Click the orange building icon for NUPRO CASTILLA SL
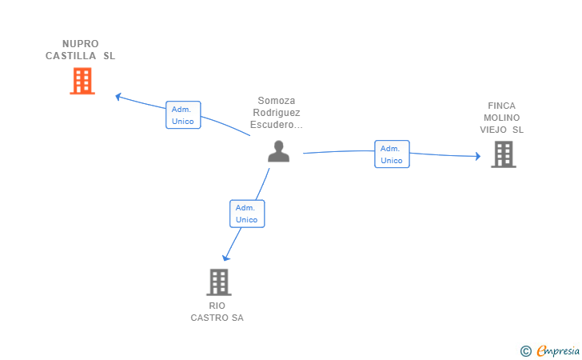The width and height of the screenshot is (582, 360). [x=82, y=81]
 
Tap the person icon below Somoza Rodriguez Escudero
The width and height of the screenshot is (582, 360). [x=278, y=151]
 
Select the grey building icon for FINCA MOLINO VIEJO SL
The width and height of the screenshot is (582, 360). [x=504, y=154]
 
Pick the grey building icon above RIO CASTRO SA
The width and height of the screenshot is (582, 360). [x=219, y=282]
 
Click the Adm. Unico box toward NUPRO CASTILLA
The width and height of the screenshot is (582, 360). [x=183, y=114]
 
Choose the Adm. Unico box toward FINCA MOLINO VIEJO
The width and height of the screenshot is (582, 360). [x=392, y=154]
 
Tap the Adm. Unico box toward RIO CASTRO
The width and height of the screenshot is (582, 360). [x=247, y=214]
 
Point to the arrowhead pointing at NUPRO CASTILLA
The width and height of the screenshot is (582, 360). [x=118, y=97]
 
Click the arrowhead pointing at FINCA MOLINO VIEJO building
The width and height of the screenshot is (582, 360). [x=478, y=156]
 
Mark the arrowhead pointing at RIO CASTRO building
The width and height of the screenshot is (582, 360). [x=225, y=258]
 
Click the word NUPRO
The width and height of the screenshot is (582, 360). [x=81, y=44]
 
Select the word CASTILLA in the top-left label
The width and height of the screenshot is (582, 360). [x=70, y=56]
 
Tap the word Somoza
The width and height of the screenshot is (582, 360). [x=277, y=101]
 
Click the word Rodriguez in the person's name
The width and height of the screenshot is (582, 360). [x=277, y=113]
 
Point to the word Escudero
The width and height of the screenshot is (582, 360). [x=272, y=125]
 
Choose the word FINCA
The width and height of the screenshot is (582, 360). [x=501, y=106]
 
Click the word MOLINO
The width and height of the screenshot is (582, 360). [x=501, y=118]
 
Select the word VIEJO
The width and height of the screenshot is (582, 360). [x=493, y=130]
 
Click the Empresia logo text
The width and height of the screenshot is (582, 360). [x=558, y=350]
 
